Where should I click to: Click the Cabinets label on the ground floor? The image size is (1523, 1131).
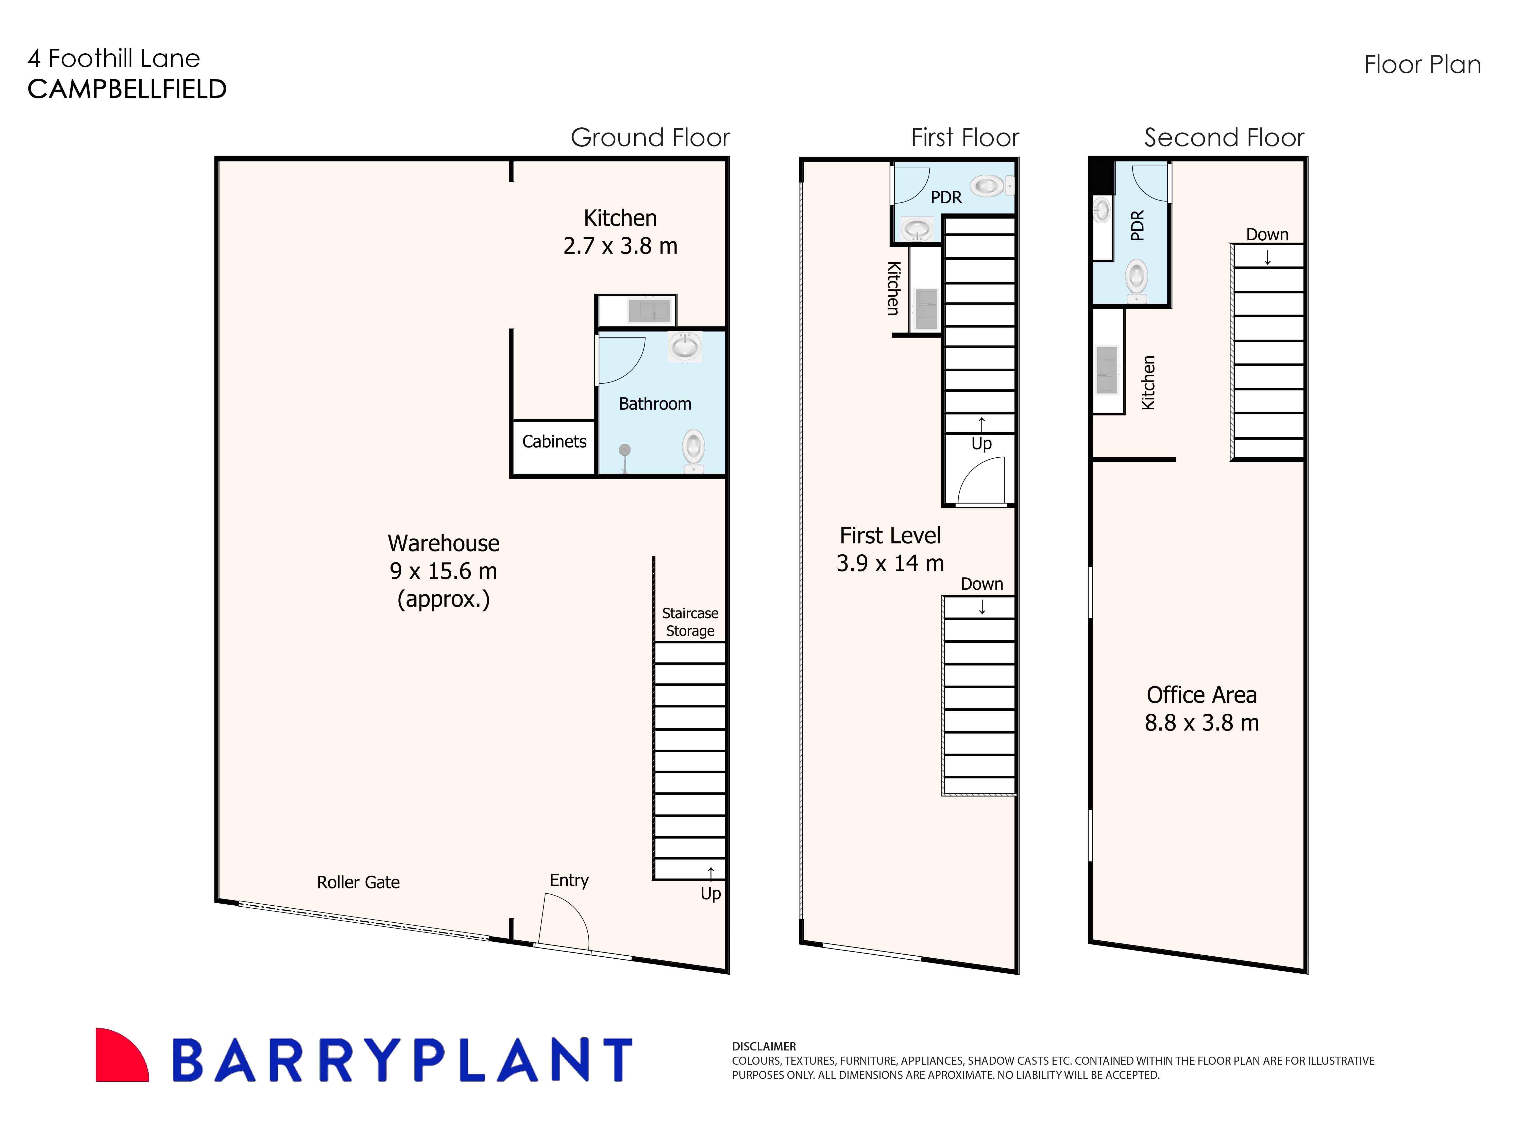click(x=554, y=442)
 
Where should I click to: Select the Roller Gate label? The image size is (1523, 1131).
click(x=358, y=883)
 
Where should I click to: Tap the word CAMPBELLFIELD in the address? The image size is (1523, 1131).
click(x=127, y=89)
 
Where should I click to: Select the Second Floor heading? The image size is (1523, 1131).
click(x=1224, y=138)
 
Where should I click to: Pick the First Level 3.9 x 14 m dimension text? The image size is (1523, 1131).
click(x=890, y=563)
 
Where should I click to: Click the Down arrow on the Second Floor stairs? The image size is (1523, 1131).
click(x=1267, y=257)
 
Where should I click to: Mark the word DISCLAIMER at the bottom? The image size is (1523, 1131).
click(x=764, y=1046)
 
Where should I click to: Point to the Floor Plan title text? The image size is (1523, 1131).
click(x=1422, y=65)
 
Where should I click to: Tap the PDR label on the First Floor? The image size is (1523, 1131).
click(x=946, y=198)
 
